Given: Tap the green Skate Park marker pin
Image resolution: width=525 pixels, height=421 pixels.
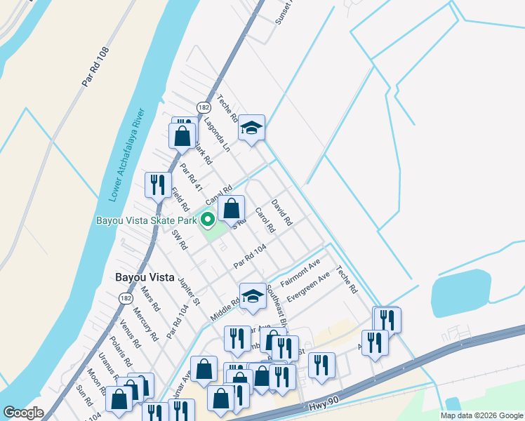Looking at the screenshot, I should tap(208, 220).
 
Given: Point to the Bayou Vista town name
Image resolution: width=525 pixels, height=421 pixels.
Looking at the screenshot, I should tap(145, 277).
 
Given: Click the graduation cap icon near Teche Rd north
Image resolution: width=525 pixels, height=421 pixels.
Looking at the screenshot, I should tap(251, 128).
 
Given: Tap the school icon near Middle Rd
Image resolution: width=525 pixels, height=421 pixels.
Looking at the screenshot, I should tap(252, 296).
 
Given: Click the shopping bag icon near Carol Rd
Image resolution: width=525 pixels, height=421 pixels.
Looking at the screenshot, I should tap(231, 208).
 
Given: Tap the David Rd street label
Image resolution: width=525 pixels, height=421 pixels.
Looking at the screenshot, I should tap(281, 211).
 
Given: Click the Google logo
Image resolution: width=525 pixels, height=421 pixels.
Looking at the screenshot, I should tap(24, 413).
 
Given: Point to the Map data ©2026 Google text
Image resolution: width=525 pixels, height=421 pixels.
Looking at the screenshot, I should tap(481, 415).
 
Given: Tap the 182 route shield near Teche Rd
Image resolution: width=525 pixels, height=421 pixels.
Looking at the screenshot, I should tap(203, 108).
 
